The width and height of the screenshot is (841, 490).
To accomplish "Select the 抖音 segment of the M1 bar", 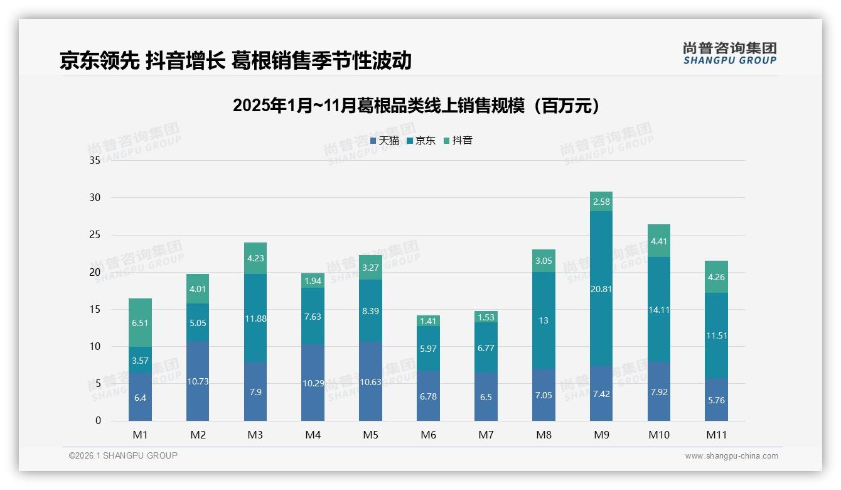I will (140, 322).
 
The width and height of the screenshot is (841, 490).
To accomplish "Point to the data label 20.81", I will (601, 289).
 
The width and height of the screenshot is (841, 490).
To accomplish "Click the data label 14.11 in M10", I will (659, 309).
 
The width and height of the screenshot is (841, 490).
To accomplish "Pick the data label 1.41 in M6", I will (429, 322).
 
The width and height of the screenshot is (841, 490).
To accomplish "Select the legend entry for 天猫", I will (384, 141).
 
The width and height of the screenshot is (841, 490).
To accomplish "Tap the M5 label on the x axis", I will (370, 435).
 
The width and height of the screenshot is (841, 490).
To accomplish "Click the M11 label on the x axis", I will (716, 435).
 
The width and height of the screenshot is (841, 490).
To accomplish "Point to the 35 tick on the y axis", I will (95, 161).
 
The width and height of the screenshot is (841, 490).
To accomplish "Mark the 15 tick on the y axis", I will (95, 309).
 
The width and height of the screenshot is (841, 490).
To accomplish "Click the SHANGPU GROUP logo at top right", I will (729, 53).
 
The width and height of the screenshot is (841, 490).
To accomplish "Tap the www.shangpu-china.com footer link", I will (731, 456).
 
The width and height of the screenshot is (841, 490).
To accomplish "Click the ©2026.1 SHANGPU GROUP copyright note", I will (123, 455).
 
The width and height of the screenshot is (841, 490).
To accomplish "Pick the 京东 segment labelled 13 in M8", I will (544, 320).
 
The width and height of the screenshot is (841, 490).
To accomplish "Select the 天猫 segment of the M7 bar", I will (486, 397).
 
